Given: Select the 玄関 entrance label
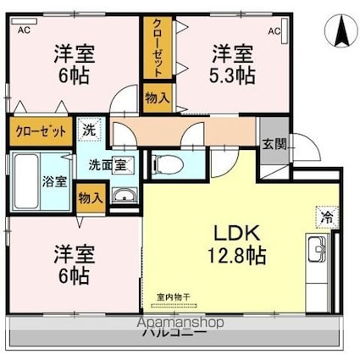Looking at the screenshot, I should tap(272, 143).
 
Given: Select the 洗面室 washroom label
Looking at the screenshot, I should tap(108, 163).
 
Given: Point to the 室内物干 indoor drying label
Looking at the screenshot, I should tap(174, 296).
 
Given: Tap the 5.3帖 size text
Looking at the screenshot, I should tap(233, 75).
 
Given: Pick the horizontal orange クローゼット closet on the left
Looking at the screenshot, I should tap(40, 133).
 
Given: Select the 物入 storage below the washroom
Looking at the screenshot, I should tap(91, 197).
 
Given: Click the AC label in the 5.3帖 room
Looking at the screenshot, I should tap(274, 31).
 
